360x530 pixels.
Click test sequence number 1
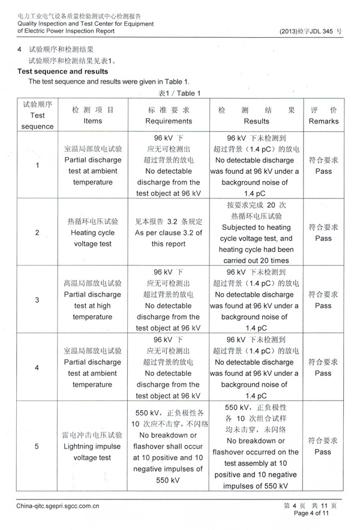(37, 165)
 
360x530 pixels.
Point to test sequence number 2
(37, 233)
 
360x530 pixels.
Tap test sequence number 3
(37, 300)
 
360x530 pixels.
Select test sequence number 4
(37, 367)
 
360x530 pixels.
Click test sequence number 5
(37, 446)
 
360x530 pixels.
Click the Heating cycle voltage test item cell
(93, 233)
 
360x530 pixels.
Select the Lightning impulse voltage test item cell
(93, 446)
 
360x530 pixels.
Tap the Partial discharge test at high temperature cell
(93, 300)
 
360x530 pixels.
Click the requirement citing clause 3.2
(169, 233)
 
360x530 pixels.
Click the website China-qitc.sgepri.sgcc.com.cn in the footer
(58, 506)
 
